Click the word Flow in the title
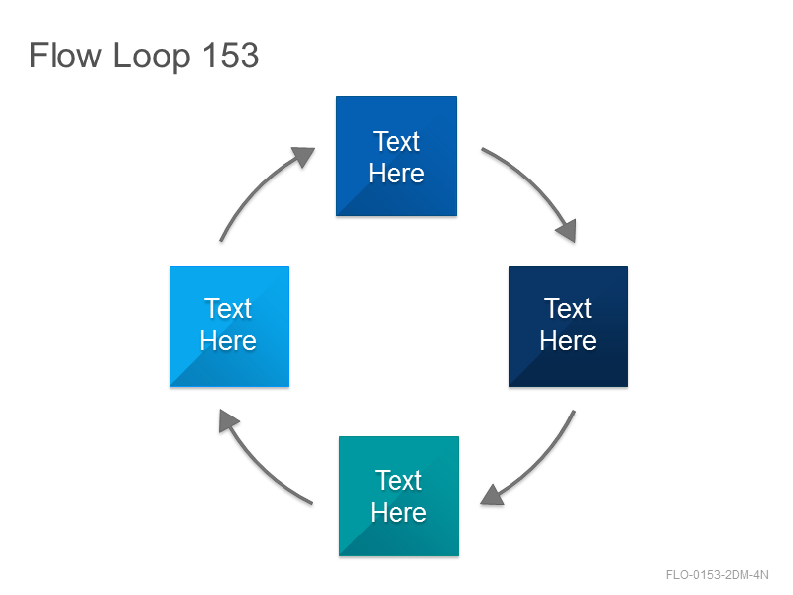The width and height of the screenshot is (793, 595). (64, 55)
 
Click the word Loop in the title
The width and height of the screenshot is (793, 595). (152, 57)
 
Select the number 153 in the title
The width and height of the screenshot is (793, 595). (231, 55)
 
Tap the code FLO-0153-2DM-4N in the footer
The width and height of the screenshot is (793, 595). (717, 575)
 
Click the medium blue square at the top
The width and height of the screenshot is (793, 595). (396, 157)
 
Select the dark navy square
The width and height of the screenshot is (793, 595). (568, 326)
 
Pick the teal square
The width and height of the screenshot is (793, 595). (399, 497)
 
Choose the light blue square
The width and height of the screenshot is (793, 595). (230, 326)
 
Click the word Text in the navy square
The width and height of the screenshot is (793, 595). (567, 308)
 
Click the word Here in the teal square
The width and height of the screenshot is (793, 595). (398, 512)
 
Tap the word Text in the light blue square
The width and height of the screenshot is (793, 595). (228, 308)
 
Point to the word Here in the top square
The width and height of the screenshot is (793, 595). (396, 173)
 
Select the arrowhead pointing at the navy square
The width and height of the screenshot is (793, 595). (567, 231)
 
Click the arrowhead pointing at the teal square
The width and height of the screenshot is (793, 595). (492, 495)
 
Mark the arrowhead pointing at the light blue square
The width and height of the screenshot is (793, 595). (228, 420)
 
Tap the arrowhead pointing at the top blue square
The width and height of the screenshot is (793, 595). (303, 156)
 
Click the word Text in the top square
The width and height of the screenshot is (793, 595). (396, 141)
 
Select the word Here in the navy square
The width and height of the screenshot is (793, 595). (568, 340)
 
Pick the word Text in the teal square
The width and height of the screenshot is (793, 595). (398, 480)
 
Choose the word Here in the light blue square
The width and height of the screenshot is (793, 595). (228, 340)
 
